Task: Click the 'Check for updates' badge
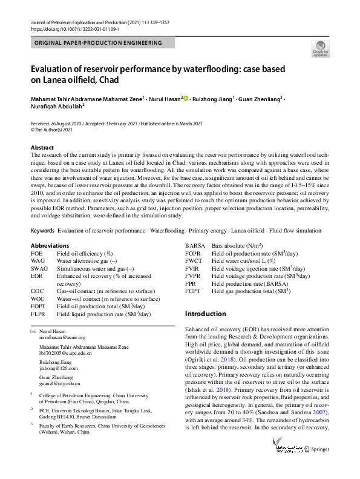320,49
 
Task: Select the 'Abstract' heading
42,147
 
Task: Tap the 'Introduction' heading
206,314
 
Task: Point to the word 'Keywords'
42,231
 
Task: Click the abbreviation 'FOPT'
38,306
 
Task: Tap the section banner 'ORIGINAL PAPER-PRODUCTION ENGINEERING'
98,43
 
